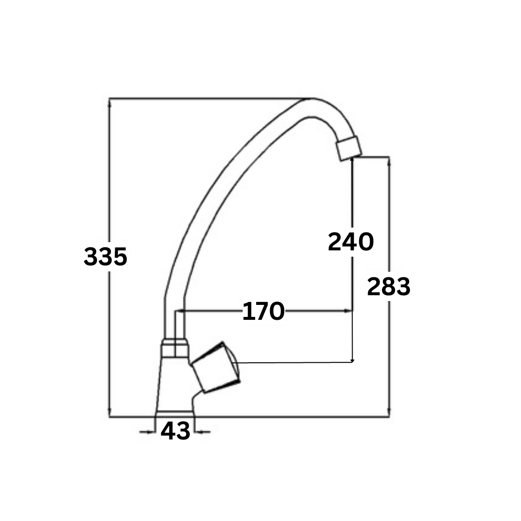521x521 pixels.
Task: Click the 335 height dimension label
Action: (105, 257)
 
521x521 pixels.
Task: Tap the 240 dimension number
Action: (351, 242)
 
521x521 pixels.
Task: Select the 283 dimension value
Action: (389, 287)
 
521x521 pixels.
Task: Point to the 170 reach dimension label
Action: (263, 311)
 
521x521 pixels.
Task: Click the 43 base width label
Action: (175, 431)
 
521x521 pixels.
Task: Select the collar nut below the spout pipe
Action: (175, 348)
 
